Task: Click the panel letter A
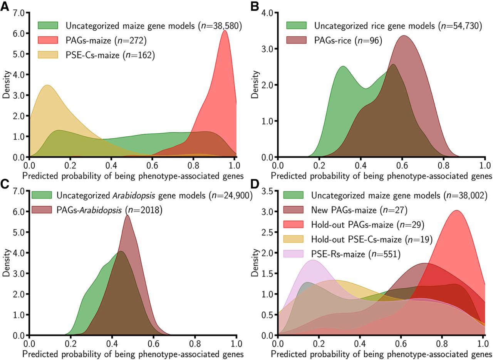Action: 5,7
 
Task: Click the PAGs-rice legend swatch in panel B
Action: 296,40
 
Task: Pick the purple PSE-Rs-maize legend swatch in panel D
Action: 293,254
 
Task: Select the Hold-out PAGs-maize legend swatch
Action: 293,224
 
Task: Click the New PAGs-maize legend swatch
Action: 293,210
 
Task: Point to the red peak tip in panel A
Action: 224,30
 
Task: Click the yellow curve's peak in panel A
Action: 47,85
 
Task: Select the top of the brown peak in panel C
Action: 127,215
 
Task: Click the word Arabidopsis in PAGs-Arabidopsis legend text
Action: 101,210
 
